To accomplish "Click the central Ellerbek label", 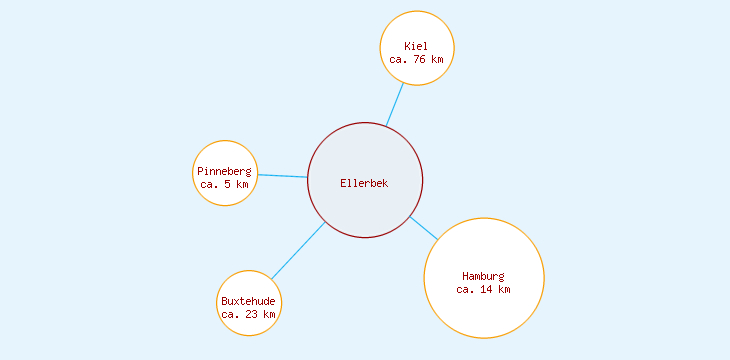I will [364, 183].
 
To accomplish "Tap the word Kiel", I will [415, 46].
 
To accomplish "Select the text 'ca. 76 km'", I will [416, 59].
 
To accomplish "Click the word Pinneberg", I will [224, 171].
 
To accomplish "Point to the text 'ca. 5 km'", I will [224, 184].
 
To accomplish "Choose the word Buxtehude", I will [248, 301].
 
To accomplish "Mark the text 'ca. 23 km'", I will [248, 314].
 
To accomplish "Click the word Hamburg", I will [483, 276].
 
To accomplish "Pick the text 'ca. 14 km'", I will [483, 289].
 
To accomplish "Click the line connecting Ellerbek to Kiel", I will [395, 104].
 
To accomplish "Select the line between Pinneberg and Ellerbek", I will [282, 176].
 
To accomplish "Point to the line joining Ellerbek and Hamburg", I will [424, 227].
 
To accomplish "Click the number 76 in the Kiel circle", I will [420, 59].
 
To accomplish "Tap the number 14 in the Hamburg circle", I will [487, 289].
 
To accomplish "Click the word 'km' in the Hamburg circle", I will [504, 289].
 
